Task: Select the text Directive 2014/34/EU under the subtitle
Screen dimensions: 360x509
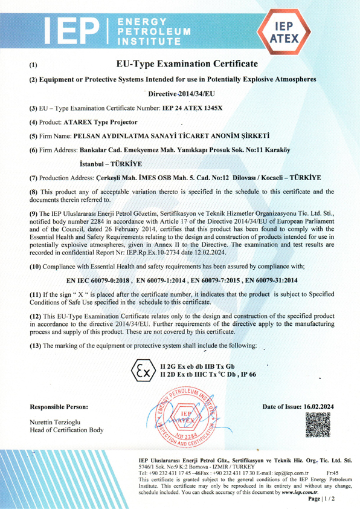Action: coord(181,94)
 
